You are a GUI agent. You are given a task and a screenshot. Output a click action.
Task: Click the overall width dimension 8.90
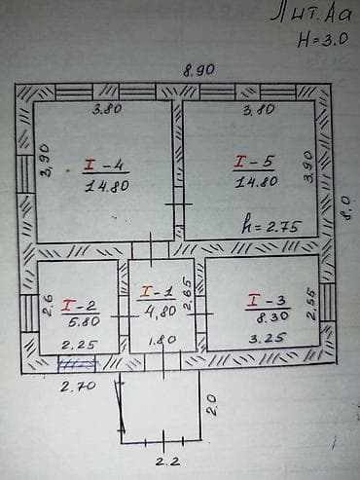point(195,71)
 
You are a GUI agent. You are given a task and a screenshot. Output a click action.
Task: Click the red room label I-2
point(76,305)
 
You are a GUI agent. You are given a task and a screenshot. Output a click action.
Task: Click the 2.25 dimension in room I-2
point(76,345)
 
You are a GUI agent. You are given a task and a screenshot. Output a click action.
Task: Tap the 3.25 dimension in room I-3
point(262,340)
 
